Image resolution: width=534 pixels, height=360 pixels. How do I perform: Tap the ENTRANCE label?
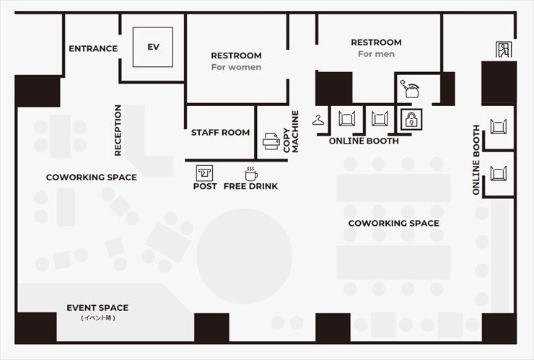pyautogui.click(x=93, y=49)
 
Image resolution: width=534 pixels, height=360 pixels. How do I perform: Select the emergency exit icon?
pyautogui.click(x=504, y=50)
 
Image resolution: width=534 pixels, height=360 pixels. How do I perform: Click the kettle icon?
pyautogui.click(x=410, y=89)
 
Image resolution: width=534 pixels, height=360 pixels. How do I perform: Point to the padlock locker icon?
pyautogui.click(x=411, y=120)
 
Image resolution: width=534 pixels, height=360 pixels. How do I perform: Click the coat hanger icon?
pyautogui.click(x=318, y=120)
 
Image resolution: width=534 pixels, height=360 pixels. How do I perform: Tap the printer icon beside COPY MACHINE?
pyautogui.click(x=271, y=141)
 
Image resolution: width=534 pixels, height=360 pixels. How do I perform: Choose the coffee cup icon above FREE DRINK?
pyautogui.click(x=251, y=174)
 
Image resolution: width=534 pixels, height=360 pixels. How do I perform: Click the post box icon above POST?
pyautogui.click(x=204, y=173)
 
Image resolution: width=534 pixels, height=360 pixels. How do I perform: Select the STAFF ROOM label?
pyautogui.click(x=220, y=133)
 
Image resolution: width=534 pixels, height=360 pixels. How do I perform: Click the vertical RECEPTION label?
pyautogui.click(x=118, y=131)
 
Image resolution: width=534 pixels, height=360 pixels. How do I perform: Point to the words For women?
pyautogui.click(x=237, y=67)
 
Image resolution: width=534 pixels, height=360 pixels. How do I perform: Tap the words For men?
pyautogui.click(x=376, y=54)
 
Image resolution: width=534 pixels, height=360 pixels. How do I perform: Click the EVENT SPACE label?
pyautogui.click(x=97, y=308)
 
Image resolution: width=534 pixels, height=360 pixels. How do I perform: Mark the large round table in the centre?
pyautogui.click(x=244, y=256)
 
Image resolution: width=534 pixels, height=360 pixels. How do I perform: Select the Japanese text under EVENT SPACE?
pyautogui.click(x=97, y=318)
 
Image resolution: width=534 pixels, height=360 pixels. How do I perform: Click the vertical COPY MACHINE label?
pyautogui.click(x=291, y=131)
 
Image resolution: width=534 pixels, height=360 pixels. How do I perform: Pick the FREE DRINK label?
pyautogui.click(x=250, y=186)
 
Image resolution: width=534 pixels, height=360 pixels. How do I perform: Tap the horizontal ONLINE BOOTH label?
pyautogui.click(x=364, y=141)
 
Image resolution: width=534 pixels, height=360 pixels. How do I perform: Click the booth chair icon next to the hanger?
pyautogui.click(x=346, y=119)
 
